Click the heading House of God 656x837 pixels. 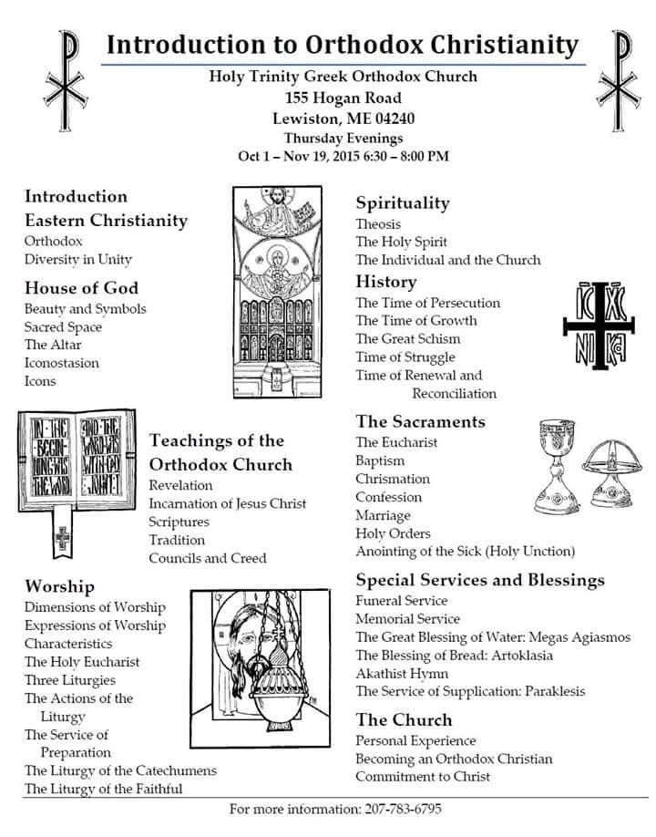point(81,288)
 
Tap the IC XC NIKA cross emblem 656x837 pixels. point(598,326)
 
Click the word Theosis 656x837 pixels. point(378,224)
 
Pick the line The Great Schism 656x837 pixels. point(407,339)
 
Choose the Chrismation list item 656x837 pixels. point(393,479)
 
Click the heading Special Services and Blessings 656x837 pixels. point(480,580)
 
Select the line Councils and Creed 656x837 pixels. point(208,558)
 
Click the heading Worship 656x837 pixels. point(59,586)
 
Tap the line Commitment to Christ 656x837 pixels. point(423,777)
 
